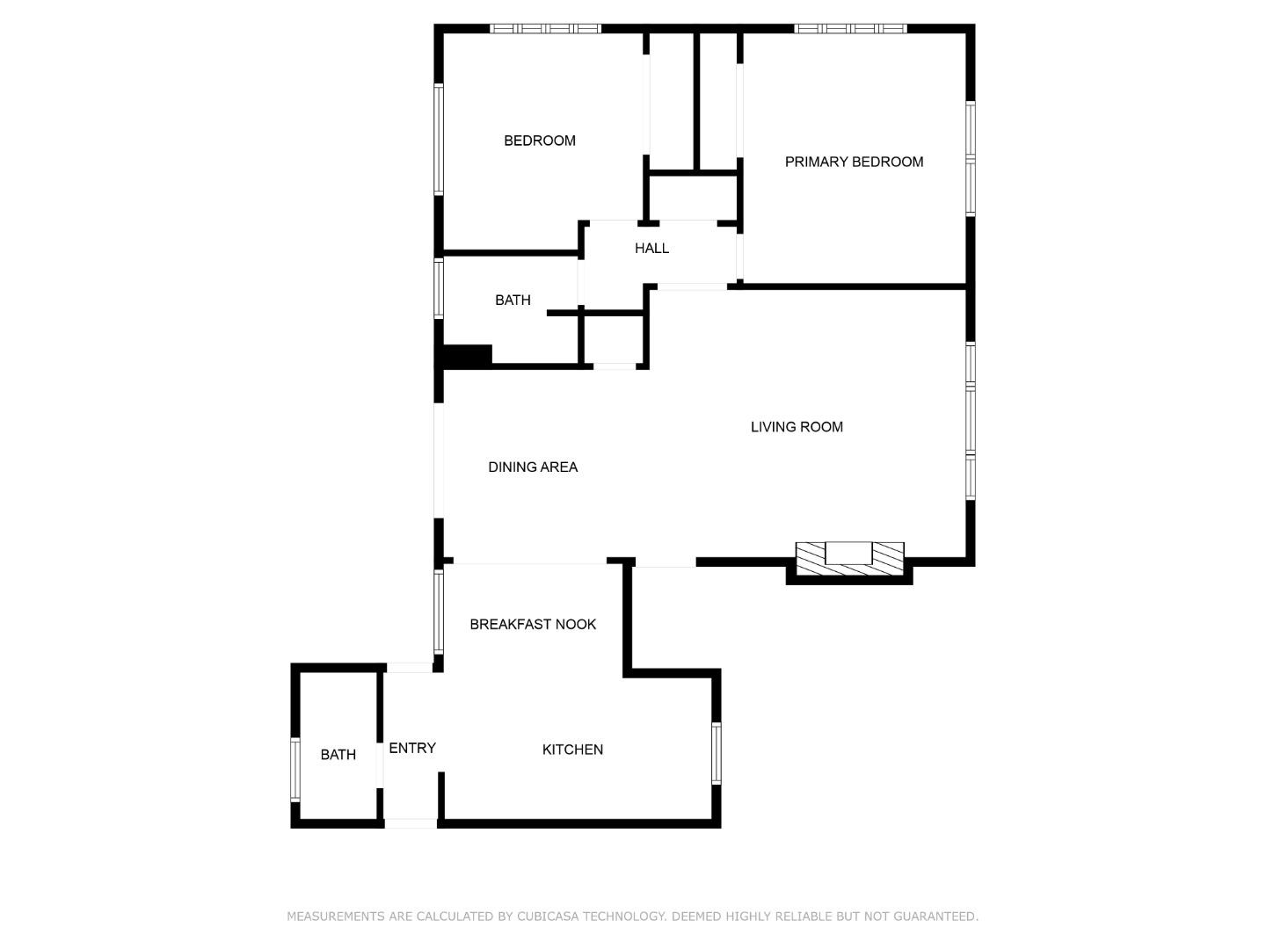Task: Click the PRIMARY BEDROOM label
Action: click(854, 162)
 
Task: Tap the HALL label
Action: click(651, 249)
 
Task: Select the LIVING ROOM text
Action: click(797, 427)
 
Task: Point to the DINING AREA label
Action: click(533, 467)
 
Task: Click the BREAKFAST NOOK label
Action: click(533, 625)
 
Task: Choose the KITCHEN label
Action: click(572, 750)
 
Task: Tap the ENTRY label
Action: click(412, 748)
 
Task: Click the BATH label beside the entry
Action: click(338, 755)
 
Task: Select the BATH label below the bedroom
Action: click(513, 301)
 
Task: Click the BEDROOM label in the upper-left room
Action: click(540, 141)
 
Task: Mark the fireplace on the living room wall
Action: click(849, 559)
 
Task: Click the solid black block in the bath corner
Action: click(467, 356)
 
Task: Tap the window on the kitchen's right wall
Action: click(716, 753)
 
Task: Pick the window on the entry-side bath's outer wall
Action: click(295, 770)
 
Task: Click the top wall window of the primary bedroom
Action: click(850, 29)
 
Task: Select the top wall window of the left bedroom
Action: click(545, 29)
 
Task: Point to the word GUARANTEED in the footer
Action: click(935, 916)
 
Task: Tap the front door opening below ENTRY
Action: click(411, 822)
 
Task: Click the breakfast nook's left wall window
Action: click(439, 612)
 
